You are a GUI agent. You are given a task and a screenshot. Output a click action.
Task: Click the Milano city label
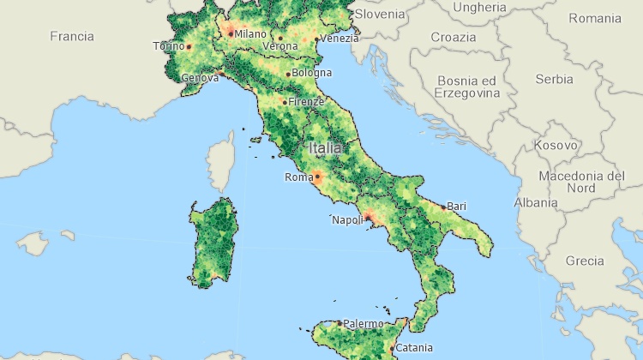(250, 34)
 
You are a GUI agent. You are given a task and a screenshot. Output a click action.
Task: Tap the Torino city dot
(189, 46)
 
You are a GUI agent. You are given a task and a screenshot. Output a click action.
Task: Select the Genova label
(200, 79)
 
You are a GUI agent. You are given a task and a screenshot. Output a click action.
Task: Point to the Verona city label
(280, 46)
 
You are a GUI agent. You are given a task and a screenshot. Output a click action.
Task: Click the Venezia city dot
(316, 39)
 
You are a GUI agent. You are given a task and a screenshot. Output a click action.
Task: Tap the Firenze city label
(306, 102)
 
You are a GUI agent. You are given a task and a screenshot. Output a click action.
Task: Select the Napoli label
(348, 220)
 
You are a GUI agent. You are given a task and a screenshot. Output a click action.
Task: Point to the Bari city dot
(443, 207)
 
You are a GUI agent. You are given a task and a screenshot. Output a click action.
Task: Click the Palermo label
(363, 324)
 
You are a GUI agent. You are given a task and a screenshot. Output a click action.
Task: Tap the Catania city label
(414, 348)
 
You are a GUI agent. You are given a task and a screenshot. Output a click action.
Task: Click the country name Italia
(328, 148)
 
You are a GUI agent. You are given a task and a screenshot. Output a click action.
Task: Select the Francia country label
(71, 36)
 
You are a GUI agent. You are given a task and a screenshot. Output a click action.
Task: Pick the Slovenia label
(379, 14)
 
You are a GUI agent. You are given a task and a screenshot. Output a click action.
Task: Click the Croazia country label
(453, 38)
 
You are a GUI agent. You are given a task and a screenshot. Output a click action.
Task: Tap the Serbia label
(554, 80)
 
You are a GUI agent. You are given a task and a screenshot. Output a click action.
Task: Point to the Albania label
(535, 203)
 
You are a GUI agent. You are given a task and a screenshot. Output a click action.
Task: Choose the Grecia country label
(585, 261)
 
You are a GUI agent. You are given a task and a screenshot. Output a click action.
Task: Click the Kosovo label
(556, 146)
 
